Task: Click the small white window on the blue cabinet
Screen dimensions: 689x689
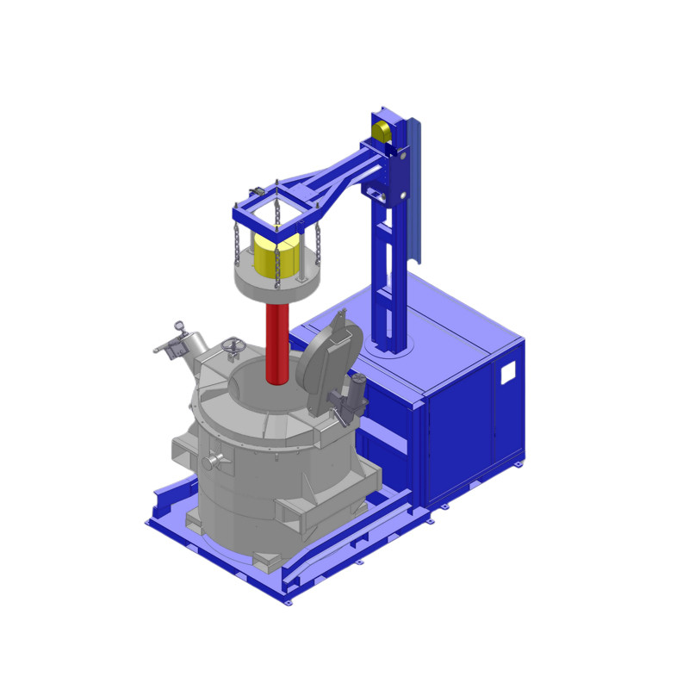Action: click(x=508, y=372)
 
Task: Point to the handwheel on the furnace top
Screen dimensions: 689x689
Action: click(x=230, y=346)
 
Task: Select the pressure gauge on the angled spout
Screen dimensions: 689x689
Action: click(x=179, y=326)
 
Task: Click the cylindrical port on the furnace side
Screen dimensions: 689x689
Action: click(x=212, y=463)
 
